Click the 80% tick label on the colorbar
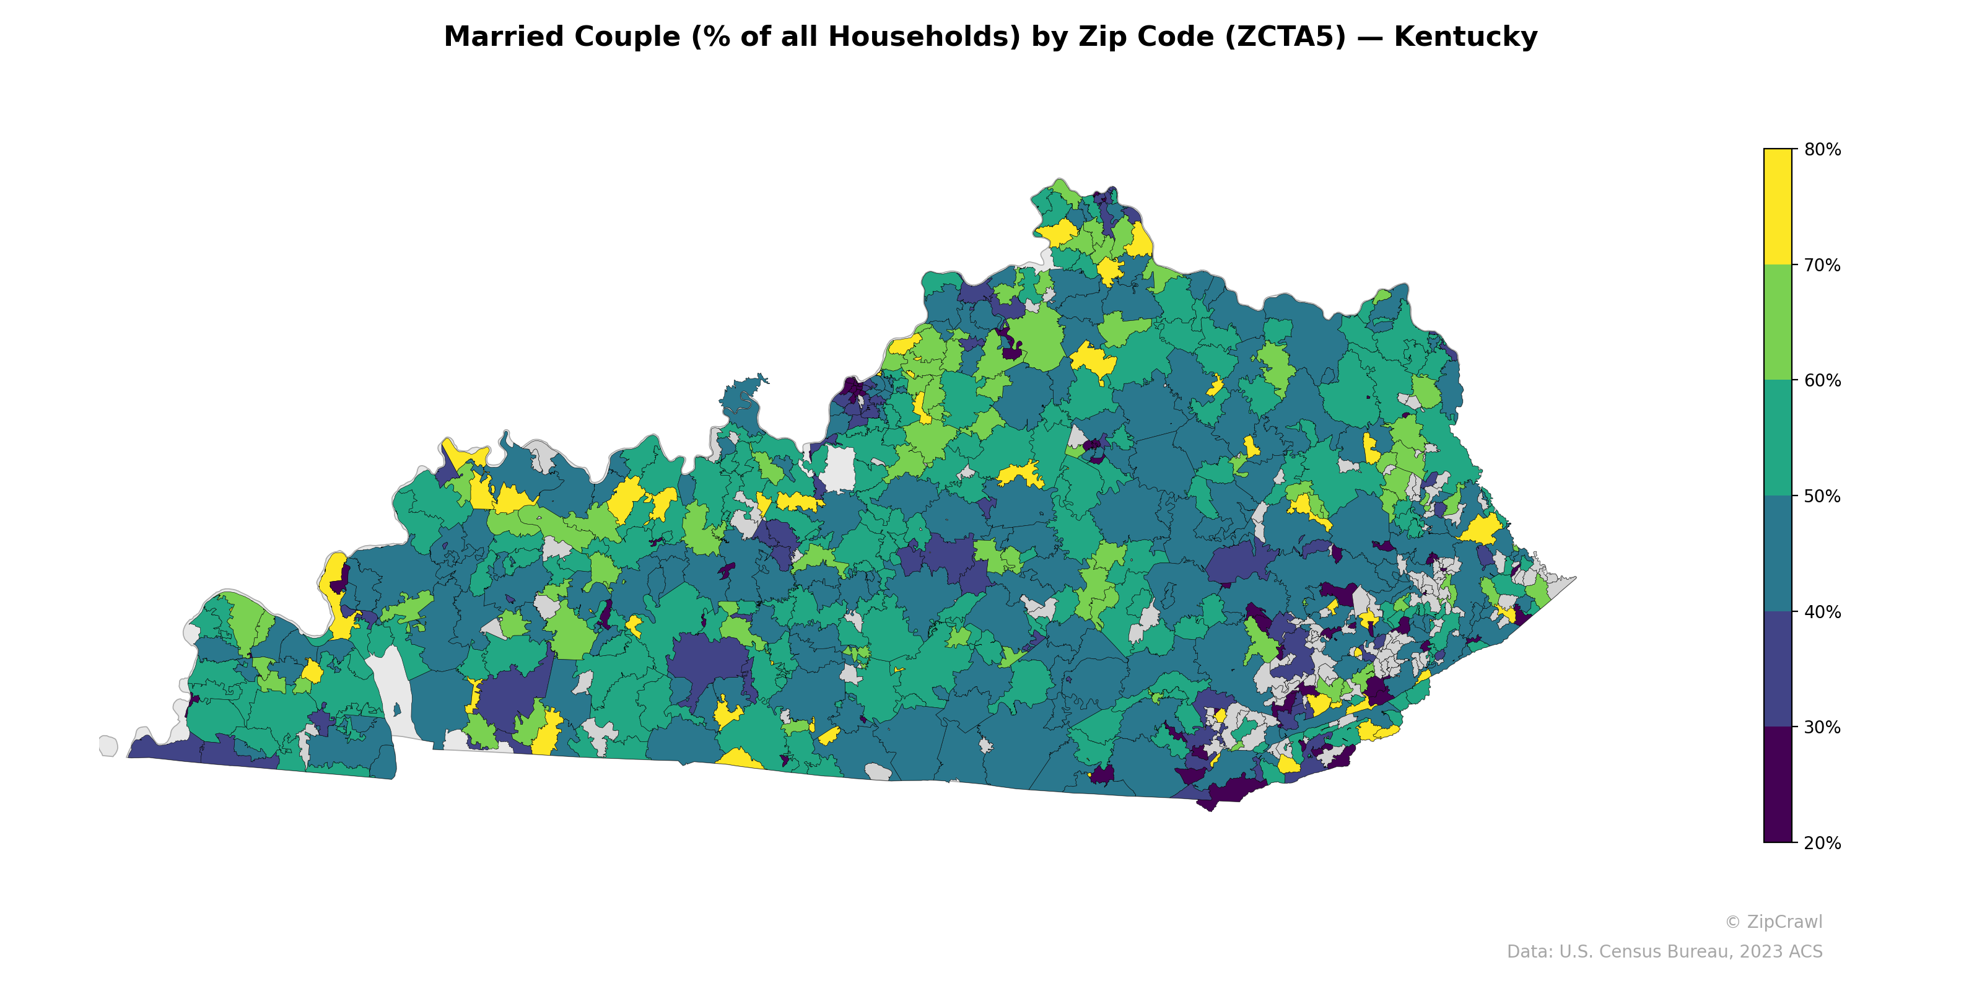point(1822,150)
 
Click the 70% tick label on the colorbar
point(1822,266)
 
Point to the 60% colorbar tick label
point(1822,381)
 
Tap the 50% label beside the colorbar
point(1822,496)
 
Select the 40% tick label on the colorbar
point(1822,613)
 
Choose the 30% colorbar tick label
point(1822,728)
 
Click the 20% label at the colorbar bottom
point(1822,843)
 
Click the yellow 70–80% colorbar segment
point(1778,207)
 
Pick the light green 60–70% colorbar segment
point(1778,322)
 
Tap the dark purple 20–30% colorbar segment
point(1778,785)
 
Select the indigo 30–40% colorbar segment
point(1778,670)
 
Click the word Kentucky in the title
point(1465,37)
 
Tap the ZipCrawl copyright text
point(1773,922)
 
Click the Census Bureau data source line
point(1664,952)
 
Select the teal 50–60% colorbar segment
point(1778,439)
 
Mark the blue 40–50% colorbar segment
point(1778,554)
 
